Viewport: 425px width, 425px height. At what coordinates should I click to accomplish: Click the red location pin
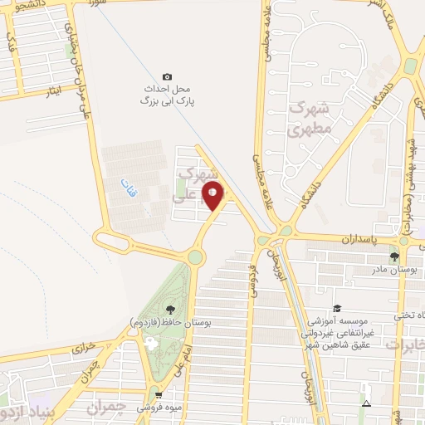click(213, 196)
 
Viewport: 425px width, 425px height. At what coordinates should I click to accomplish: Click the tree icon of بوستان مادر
click(395, 256)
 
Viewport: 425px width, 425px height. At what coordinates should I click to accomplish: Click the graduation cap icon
click(337, 307)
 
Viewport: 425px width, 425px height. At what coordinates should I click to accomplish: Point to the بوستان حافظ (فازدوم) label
click(165, 320)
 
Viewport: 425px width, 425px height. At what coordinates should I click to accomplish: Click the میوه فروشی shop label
click(159, 408)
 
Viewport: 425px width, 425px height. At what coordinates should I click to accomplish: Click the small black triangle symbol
click(366, 404)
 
